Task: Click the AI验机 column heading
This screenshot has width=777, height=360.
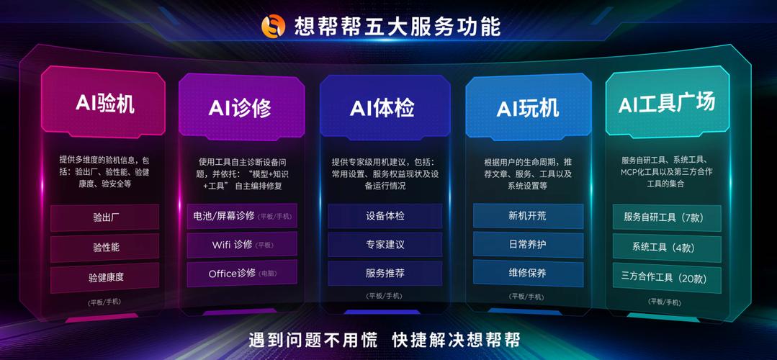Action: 105,103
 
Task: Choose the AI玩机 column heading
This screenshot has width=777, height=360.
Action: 528,108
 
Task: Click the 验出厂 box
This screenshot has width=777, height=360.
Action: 105,217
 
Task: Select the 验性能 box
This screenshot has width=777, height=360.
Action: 105,247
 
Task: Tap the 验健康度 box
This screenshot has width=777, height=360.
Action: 105,277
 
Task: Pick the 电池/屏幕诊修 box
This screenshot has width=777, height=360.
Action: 241,215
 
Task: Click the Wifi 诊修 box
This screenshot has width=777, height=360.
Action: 241,244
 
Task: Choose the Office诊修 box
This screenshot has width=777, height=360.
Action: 241,274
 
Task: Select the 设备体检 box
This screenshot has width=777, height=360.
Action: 385,215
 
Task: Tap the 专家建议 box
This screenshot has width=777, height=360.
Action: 385,244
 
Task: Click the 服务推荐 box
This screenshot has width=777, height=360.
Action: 385,274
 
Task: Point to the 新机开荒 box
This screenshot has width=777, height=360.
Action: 528,215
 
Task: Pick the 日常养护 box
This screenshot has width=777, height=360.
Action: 528,244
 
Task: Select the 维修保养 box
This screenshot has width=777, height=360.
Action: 528,274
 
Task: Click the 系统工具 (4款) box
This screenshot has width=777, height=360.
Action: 666,248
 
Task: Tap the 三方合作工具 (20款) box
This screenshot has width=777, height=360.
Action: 666,278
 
